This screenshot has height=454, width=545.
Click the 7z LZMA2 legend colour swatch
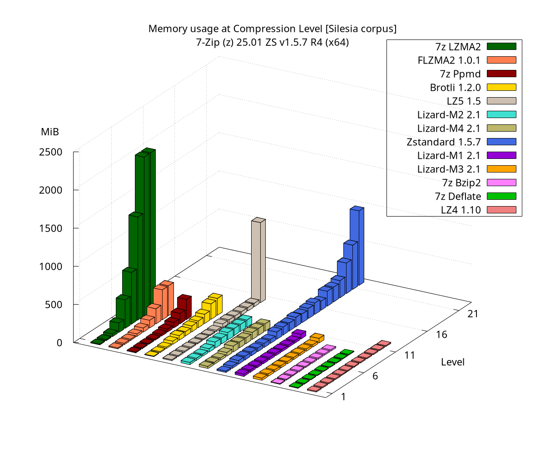pos(501,46)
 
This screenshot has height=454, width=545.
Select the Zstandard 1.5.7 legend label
pos(444,142)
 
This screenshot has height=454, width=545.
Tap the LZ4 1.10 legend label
pos(461,210)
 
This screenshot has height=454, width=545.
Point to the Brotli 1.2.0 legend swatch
pos(501,87)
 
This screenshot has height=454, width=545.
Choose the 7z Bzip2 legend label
pos(461,183)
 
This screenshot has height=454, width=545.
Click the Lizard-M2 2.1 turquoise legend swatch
pos(501,114)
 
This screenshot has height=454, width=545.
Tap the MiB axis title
pos(50,132)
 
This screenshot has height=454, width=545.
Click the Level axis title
pos(452,362)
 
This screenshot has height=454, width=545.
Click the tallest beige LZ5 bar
pos(258,259)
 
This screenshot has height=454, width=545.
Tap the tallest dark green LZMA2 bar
pos(148,227)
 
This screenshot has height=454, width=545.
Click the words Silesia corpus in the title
pos(361,29)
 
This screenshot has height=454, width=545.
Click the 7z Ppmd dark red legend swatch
pos(501,73)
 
